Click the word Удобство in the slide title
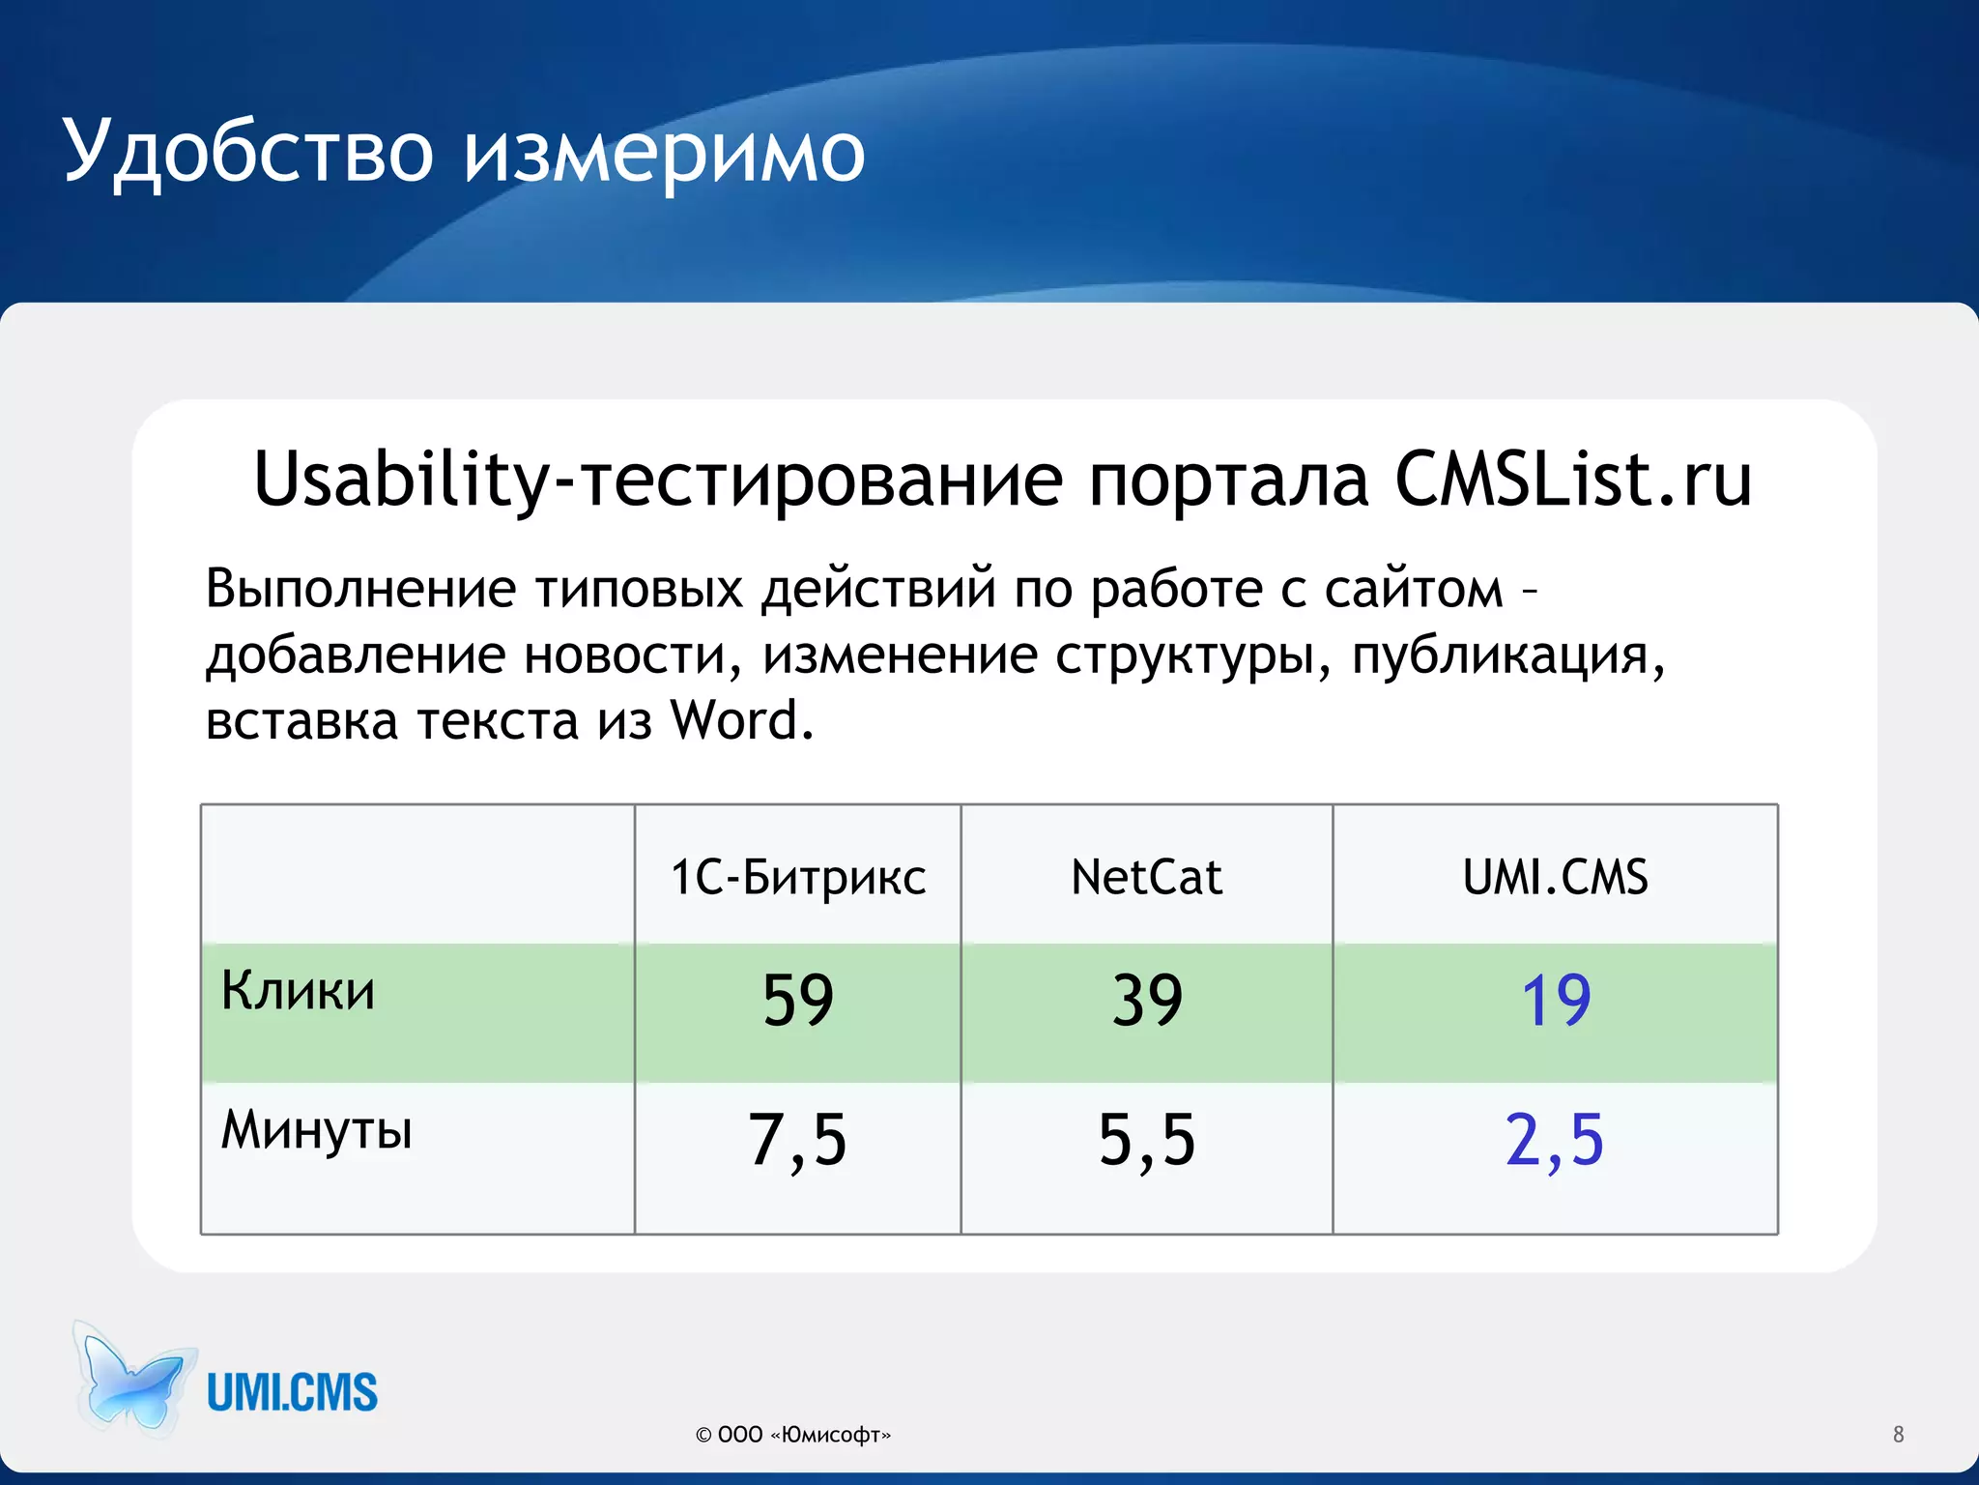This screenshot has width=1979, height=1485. point(247,153)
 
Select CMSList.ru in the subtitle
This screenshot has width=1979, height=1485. point(1572,480)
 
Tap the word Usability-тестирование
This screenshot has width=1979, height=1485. point(657,481)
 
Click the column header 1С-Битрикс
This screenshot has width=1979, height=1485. point(798,878)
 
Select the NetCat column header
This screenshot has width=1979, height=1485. point(1146,878)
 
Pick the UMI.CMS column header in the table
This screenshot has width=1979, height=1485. point(1555,878)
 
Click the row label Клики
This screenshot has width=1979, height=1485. point(298,991)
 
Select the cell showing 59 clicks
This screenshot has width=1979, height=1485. point(798,1001)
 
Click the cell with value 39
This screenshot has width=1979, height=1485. point(1147,1001)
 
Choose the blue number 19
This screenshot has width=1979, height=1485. point(1556,1001)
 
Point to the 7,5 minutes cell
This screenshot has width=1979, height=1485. point(798,1141)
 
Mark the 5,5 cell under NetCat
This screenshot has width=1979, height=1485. point(1147,1141)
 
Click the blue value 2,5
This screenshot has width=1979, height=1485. point(1555,1141)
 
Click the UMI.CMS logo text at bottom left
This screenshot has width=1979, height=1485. point(292,1393)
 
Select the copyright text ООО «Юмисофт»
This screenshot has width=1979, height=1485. point(793,1435)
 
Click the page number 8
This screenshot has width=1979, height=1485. point(1898,1435)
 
